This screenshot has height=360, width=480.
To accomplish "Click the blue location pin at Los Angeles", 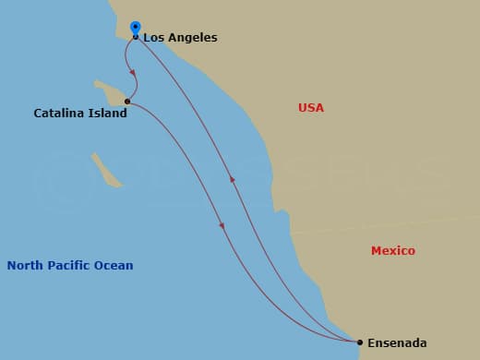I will coord(136,28).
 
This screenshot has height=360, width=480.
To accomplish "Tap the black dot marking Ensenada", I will coord(360,342).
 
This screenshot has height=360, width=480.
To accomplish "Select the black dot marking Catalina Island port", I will coord(127,102).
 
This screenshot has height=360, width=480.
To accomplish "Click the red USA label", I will coord(311,108).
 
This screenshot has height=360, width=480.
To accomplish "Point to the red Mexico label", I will coord(393,251).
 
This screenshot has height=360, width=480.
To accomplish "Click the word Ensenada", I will coord(397,343).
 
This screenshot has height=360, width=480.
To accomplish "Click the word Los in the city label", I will coord(153,38).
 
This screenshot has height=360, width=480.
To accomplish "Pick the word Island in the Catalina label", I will coord(108,114).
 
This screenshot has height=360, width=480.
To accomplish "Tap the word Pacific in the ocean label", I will coord(69,266).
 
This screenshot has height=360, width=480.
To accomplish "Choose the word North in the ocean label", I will coord(25,266).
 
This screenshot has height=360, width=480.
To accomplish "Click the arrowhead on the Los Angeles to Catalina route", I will coord(133,72).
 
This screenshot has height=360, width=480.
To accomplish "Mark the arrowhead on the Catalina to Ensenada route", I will coord(222,225).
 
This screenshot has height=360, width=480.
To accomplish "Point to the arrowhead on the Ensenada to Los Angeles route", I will coord(232,179).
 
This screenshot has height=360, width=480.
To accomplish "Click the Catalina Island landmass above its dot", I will coord(113,90).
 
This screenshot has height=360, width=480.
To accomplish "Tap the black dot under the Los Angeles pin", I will coord(136,37).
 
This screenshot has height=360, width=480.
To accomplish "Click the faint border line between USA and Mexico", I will coord(388,222).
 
